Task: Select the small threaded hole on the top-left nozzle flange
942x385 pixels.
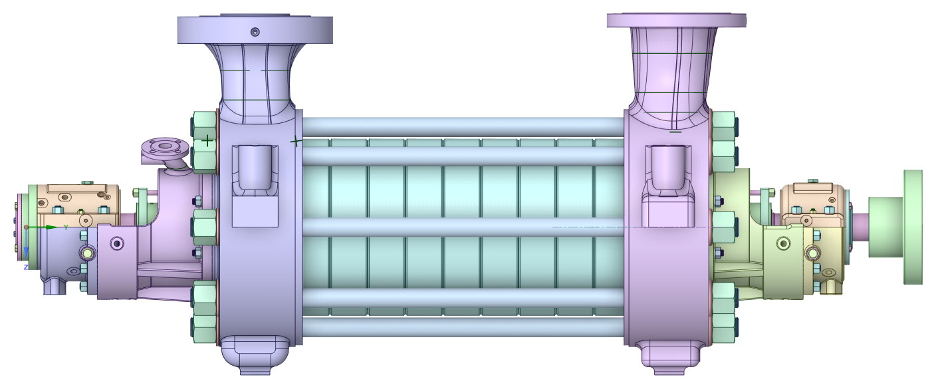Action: (255, 31)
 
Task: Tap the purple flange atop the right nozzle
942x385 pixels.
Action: (676, 20)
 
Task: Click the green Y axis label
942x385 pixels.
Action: (66, 227)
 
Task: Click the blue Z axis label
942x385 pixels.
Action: (26, 267)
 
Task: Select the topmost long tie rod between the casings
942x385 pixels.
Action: (463, 127)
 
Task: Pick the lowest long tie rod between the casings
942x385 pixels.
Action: (463, 326)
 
